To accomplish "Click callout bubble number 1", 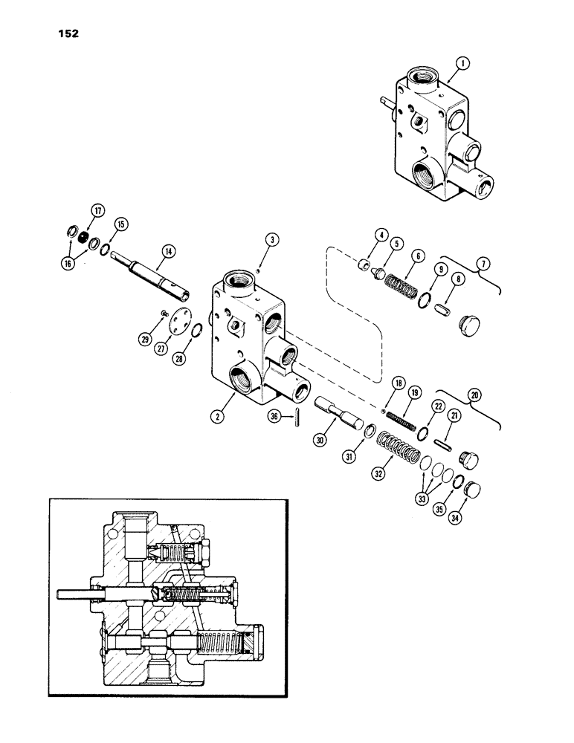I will point(462,65).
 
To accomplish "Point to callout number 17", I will point(96,210).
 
